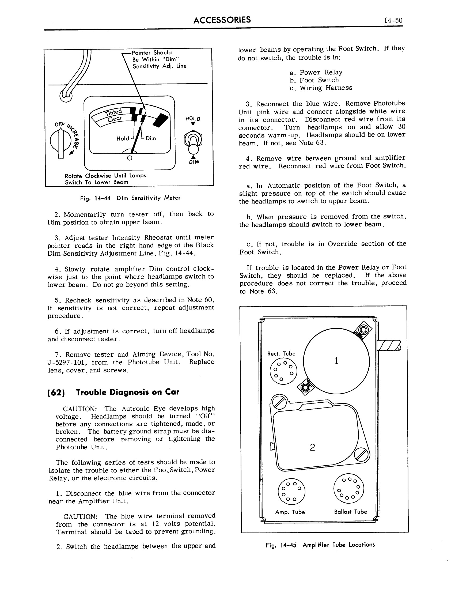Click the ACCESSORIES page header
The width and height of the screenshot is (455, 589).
222,20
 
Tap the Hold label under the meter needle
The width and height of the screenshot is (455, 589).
123,138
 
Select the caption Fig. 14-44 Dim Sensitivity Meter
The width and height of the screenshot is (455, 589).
130,198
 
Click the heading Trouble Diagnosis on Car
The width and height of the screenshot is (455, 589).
127,392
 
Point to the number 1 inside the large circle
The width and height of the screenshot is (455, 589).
336,361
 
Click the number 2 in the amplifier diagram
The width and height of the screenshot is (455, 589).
312,447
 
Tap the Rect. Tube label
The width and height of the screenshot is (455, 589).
281,354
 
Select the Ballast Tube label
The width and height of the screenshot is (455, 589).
350,512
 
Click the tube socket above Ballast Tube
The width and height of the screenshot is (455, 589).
348,488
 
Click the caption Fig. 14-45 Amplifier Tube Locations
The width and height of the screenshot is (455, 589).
320,545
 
